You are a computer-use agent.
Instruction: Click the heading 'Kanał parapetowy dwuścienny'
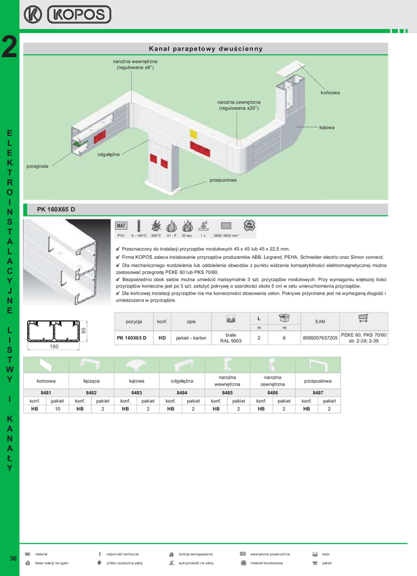[205, 49]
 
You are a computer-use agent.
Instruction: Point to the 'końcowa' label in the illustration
[330, 91]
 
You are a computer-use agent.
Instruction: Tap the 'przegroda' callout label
[37, 166]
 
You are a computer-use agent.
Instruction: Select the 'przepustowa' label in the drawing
[223, 180]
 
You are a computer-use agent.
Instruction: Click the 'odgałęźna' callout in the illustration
[108, 155]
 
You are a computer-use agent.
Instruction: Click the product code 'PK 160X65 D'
[56, 209]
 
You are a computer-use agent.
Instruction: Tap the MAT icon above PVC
[121, 226]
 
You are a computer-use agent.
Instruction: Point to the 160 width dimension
[54, 346]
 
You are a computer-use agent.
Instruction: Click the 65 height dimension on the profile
[84, 331]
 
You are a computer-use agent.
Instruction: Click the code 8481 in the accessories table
[46, 393]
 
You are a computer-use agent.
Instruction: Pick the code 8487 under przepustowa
[318, 393]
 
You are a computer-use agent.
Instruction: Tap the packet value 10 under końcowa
[58, 409]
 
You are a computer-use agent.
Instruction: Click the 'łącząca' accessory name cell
[92, 381]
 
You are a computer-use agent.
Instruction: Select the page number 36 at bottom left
[13, 558]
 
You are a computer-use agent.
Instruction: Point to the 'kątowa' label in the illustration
[327, 127]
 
